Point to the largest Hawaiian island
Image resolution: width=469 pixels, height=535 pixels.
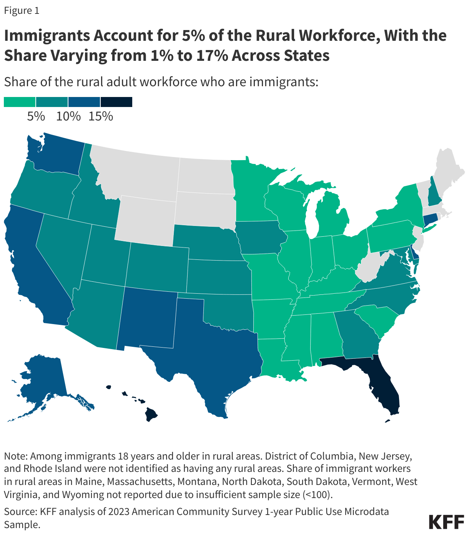pos(151,415)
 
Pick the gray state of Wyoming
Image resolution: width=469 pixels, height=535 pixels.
pos(146,219)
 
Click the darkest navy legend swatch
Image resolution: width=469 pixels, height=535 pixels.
pos(116,102)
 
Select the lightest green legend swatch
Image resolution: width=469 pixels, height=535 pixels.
pos(20,102)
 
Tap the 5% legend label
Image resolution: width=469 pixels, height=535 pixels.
pos(36,116)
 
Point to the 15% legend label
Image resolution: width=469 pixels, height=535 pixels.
pos(101,116)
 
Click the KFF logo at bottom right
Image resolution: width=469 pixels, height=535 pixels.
pos(446,522)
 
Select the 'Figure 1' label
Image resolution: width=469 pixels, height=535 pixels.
pos(22,10)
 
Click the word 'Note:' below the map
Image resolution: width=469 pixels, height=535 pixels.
pos(16,456)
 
